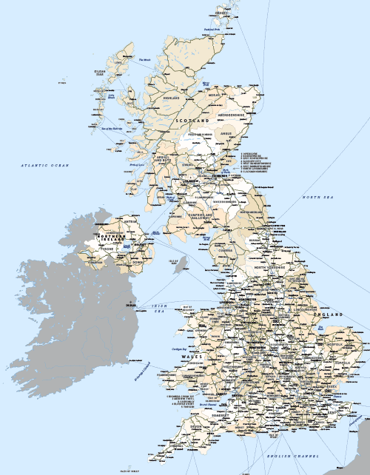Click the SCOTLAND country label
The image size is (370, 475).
192,119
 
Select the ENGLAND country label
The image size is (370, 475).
328,315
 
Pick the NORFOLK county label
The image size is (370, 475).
333,343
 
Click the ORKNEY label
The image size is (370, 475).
221,13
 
